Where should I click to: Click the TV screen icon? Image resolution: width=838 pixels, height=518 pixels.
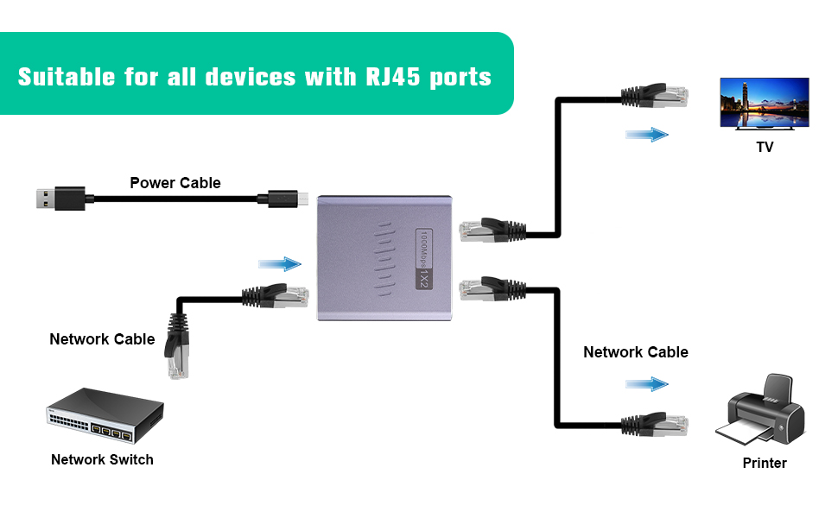pyautogui.click(x=765, y=103)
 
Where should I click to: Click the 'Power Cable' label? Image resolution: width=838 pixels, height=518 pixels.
pyautogui.click(x=175, y=183)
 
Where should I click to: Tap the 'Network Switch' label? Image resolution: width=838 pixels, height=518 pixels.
pyautogui.click(x=102, y=459)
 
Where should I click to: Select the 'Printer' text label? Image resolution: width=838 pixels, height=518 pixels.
pyautogui.click(x=765, y=464)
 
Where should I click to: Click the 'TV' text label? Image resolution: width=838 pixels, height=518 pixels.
pyautogui.click(x=765, y=148)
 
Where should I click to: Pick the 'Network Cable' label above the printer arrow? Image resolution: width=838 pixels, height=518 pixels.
pyautogui.click(x=636, y=352)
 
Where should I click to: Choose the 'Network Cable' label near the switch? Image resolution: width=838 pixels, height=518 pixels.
pyautogui.click(x=102, y=339)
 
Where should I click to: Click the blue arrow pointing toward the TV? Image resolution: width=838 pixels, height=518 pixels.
pyautogui.click(x=648, y=135)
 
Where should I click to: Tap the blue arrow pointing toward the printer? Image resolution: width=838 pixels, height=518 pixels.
pyautogui.click(x=648, y=384)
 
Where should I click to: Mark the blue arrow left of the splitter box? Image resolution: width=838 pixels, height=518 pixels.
pyautogui.click(x=280, y=264)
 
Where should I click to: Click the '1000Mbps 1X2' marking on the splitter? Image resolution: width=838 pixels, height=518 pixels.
pyautogui.click(x=424, y=259)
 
